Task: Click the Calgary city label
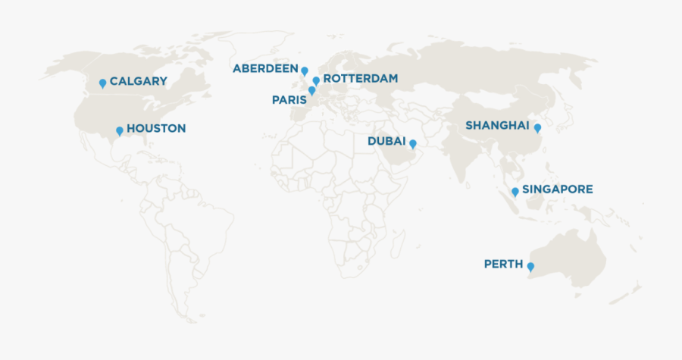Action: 138,81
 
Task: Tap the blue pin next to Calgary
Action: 103,83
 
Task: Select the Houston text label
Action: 155,128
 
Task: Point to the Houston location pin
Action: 119,130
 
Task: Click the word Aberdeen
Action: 265,68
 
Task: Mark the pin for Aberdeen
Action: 305,70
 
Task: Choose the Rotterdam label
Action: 360,78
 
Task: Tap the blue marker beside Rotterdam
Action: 316,80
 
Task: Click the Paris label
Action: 289,99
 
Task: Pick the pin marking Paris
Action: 311,90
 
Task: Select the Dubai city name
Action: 386,141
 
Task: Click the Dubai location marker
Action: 413,143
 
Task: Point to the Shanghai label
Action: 497,125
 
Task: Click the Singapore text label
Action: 558,189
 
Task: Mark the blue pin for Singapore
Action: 515,192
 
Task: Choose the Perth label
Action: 503,264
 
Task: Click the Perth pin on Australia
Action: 530,267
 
